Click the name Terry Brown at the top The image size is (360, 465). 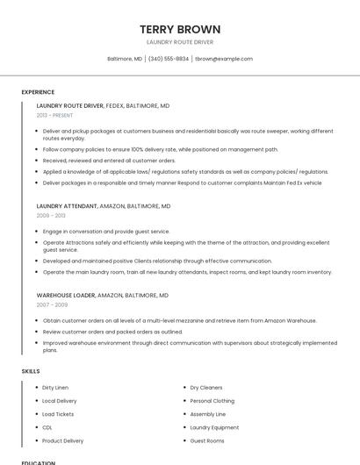click(x=180, y=29)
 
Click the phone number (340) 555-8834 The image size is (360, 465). click(x=169, y=59)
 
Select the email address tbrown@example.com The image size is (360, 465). click(x=224, y=59)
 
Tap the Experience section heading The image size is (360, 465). click(x=38, y=92)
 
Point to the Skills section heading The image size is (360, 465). click(x=31, y=371)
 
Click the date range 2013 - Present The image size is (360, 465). click(x=54, y=115)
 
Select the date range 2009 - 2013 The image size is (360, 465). click(x=51, y=215)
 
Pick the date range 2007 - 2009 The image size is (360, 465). click(x=52, y=304)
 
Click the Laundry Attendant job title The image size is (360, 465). click(x=67, y=206)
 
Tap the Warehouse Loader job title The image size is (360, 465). click(x=66, y=296)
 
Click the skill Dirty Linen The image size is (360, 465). click(x=55, y=387)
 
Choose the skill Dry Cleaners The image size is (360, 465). click(x=206, y=387)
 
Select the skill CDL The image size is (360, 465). click(x=47, y=427)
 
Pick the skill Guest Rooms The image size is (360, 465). click(x=207, y=440)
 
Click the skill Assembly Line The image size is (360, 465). click(x=208, y=414)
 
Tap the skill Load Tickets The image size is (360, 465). click(x=58, y=414)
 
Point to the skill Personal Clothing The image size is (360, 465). click(x=212, y=401)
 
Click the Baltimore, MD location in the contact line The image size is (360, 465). click(x=125, y=59)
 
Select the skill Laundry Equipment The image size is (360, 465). click(x=215, y=427)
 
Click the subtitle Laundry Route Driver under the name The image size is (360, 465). click(x=180, y=42)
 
